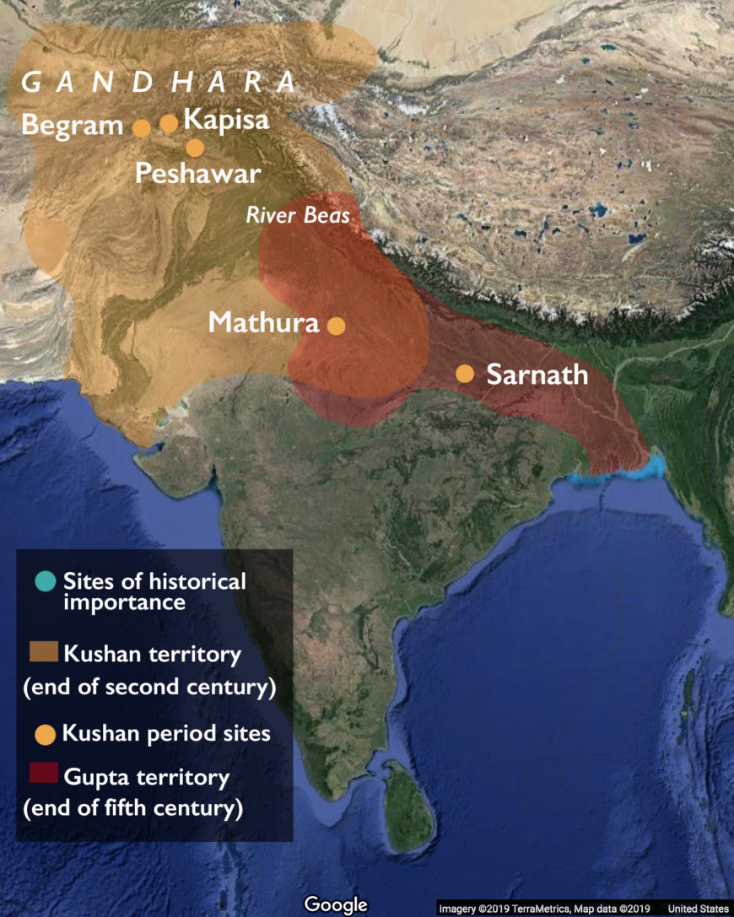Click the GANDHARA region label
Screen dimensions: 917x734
tap(159, 83)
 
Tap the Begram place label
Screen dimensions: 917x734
tap(73, 126)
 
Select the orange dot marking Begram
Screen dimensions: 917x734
tap(142, 127)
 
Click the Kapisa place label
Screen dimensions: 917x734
tap(226, 120)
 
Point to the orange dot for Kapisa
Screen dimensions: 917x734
tap(170, 123)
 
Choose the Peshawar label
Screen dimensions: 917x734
tap(197, 174)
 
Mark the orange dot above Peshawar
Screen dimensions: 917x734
tap(195, 148)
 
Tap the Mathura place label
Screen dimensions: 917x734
tap(264, 322)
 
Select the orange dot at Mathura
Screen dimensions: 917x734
tap(336, 326)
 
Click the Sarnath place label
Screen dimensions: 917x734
tap(537, 374)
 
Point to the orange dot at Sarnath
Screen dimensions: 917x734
tap(465, 373)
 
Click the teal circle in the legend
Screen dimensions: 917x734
tap(46, 581)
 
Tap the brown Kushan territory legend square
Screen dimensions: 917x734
tap(43, 651)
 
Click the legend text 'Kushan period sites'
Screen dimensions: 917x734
tap(166, 733)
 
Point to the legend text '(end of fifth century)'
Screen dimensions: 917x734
tap(133, 808)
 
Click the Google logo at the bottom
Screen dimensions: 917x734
tap(336, 905)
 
